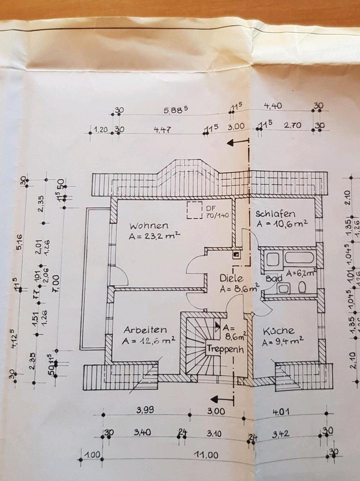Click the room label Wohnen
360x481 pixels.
148,225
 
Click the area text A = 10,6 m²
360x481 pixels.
281,223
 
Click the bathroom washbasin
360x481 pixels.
283,288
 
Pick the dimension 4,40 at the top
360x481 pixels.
274,106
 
